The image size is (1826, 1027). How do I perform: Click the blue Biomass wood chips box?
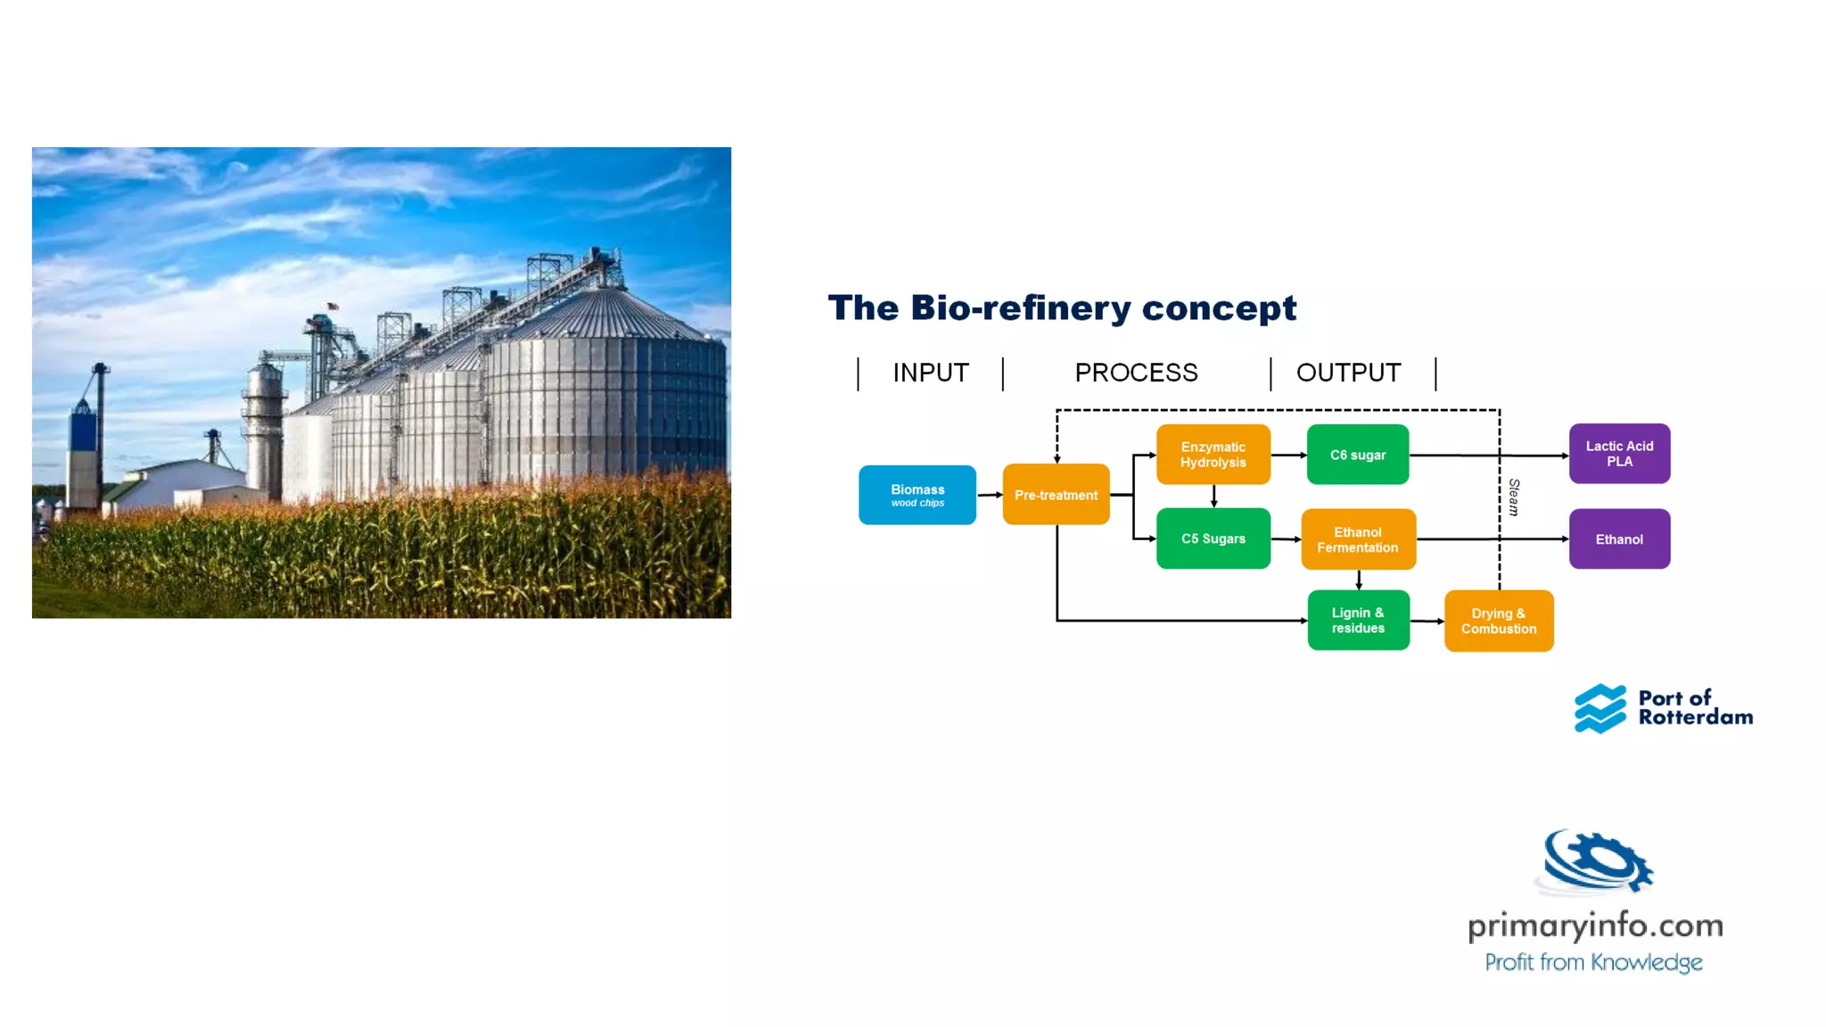[917, 495]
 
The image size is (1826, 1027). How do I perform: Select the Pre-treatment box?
[1056, 495]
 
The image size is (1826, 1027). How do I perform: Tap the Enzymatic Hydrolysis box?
[1213, 455]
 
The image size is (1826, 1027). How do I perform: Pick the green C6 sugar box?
[1357, 455]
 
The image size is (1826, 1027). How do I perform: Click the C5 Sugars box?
[1213, 538]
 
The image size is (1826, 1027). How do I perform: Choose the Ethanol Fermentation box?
[1358, 539]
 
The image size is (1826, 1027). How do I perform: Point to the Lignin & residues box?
[1358, 620]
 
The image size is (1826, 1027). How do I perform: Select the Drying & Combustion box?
[1498, 621]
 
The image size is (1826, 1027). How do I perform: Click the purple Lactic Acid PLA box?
[1619, 454]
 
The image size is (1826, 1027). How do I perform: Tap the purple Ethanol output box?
[1619, 539]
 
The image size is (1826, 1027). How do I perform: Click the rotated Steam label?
[1513, 497]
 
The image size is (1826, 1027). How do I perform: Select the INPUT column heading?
[931, 373]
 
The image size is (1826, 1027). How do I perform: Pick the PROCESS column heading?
[1136, 373]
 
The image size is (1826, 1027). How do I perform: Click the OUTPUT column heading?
[1348, 373]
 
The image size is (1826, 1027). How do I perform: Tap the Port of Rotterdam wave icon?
[1600, 709]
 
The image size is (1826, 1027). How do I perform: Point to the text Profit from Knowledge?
[1593, 963]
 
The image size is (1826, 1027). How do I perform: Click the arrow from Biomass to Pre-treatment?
[990, 495]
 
